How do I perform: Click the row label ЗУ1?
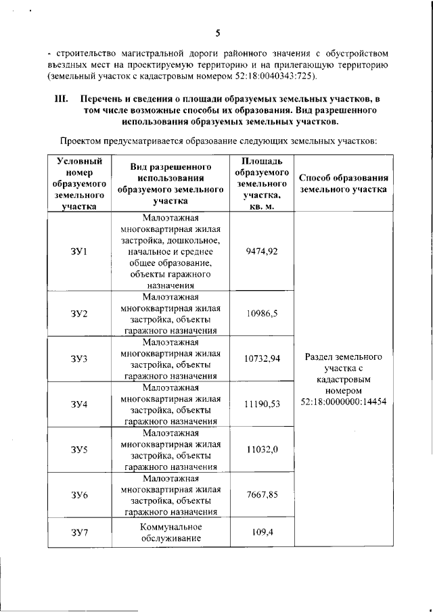(79, 252)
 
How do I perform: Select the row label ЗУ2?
(79, 313)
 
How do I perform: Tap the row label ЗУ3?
(79, 358)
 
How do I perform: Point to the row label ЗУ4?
(79, 404)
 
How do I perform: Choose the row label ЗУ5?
(79, 449)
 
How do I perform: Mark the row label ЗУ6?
(79, 495)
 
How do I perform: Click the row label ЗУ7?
(79, 533)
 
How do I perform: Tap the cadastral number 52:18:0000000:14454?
(344, 402)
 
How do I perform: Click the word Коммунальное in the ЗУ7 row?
(170, 527)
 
